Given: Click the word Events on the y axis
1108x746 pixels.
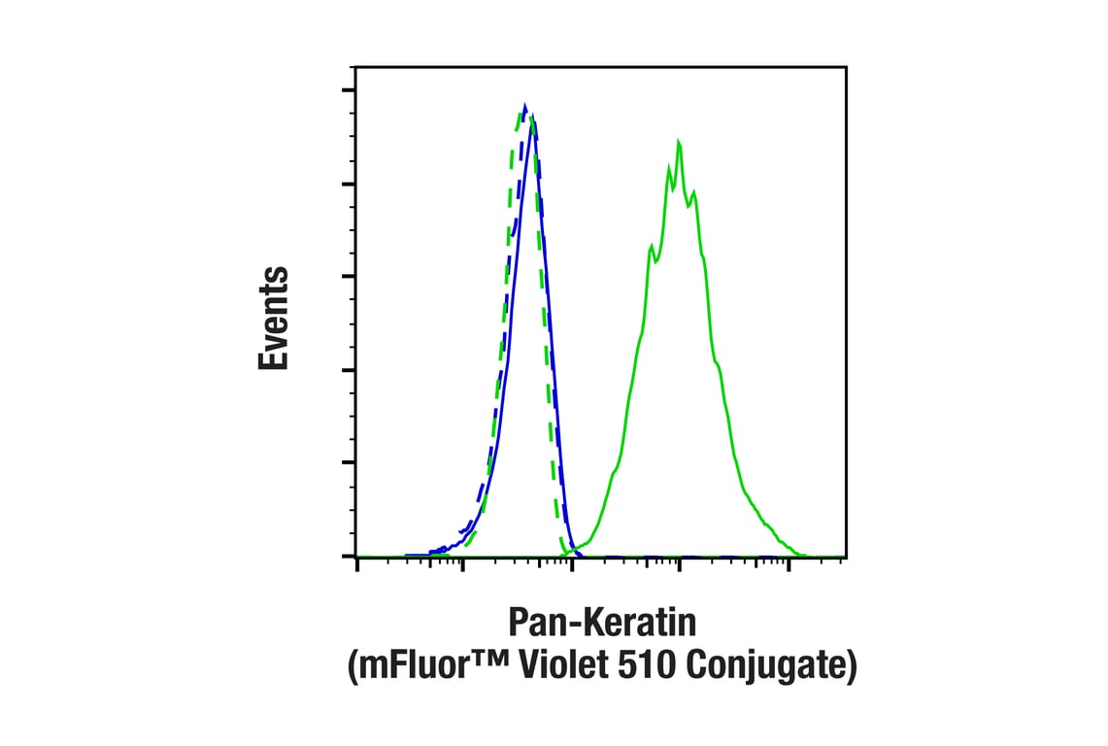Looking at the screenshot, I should [274, 318].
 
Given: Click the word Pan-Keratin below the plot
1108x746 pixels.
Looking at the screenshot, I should [602, 624].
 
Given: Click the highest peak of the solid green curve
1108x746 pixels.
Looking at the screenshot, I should [679, 143].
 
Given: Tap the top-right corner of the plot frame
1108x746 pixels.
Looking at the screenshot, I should [846, 67].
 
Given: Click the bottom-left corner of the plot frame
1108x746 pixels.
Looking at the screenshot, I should [355, 557].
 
